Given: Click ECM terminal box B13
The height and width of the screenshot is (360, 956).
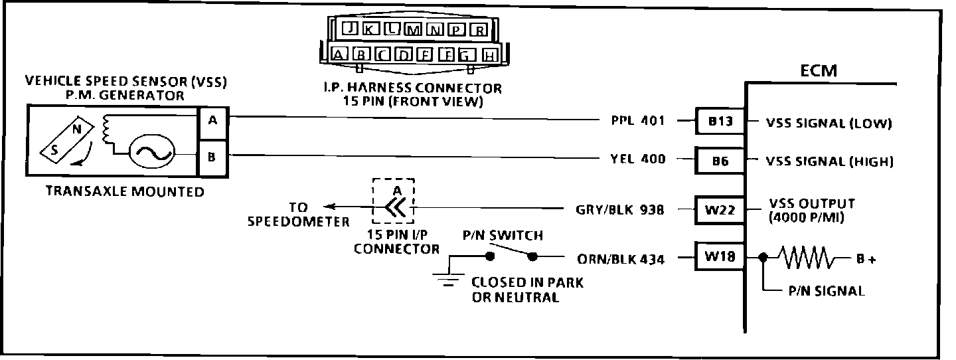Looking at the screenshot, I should click(720, 122).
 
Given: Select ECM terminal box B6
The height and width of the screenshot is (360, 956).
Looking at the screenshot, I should click(720, 160).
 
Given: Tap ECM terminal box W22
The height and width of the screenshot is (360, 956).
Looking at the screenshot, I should click(720, 210).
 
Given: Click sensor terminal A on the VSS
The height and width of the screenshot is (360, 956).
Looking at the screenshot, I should click(212, 121).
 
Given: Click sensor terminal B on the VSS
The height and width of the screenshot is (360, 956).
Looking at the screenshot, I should click(212, 158).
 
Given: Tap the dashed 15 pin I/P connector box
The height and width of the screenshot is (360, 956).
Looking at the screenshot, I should click(394, 201).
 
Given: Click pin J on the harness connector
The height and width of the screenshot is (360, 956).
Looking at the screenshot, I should click(350, 29).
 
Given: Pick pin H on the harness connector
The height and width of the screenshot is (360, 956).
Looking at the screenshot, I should click(490, 56).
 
